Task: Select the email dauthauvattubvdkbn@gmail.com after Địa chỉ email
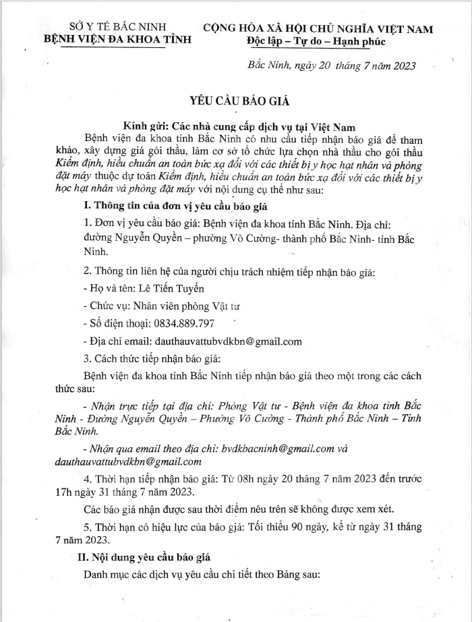[229, 341]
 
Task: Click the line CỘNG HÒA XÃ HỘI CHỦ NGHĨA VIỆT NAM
[318, 28]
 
